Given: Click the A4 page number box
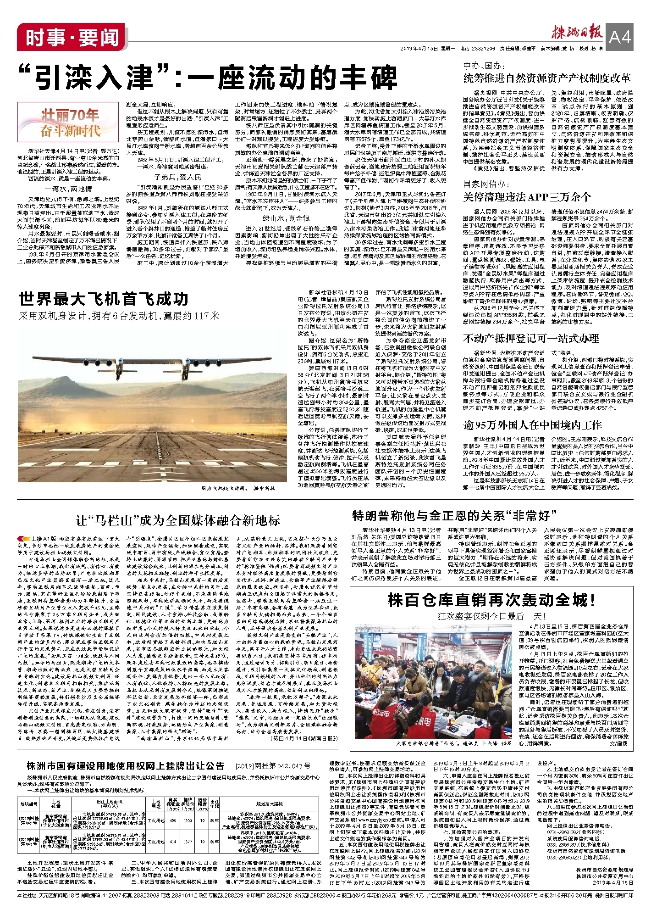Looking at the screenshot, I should (x=620, y=36).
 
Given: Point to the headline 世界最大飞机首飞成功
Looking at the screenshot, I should (x=104, y=299).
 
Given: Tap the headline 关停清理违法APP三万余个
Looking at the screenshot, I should (x=527, y=197).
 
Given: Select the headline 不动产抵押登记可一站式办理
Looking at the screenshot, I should (x=531, y=339).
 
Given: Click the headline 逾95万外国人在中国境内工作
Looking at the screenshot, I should (x=532, y=425).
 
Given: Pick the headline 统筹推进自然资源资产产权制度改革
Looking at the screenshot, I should (x=547, y=78).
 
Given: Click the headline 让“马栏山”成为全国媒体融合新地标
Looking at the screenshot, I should (x=178, y=520).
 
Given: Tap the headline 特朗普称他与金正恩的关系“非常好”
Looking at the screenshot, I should (x=454, y=516).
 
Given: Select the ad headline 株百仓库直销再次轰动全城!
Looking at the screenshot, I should (x=491, y=600).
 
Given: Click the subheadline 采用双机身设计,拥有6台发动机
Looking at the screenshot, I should (x=119, y=316).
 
